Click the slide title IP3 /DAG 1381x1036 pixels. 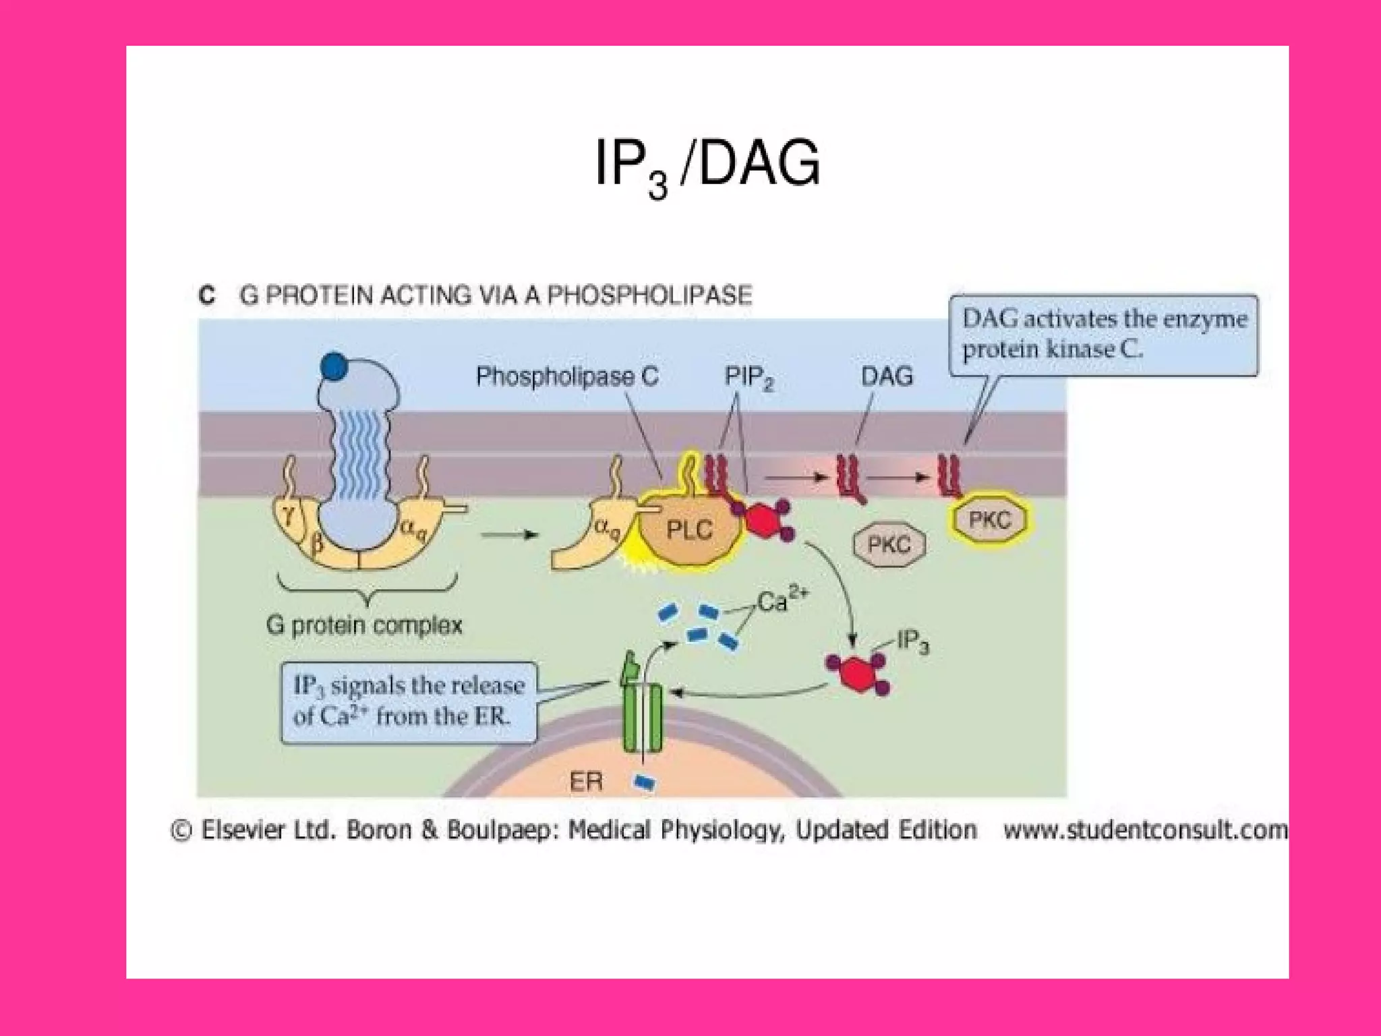point(707,164)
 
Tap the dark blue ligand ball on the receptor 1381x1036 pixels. point(334,366)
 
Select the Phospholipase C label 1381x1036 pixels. point(567,376)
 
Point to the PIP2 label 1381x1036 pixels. point(748,377)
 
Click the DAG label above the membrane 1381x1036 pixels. point(887,376)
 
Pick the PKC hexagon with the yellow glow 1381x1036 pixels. point(990,520)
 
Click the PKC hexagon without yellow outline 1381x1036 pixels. point(889,544)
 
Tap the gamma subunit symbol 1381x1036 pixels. point(289,516)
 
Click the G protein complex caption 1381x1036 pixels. point(364,625)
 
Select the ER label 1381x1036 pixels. point(585,782)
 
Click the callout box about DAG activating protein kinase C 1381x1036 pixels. point(1103,335)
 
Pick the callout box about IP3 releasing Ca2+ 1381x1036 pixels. point(409,702)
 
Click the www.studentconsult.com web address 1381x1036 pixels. point(1145,830)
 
